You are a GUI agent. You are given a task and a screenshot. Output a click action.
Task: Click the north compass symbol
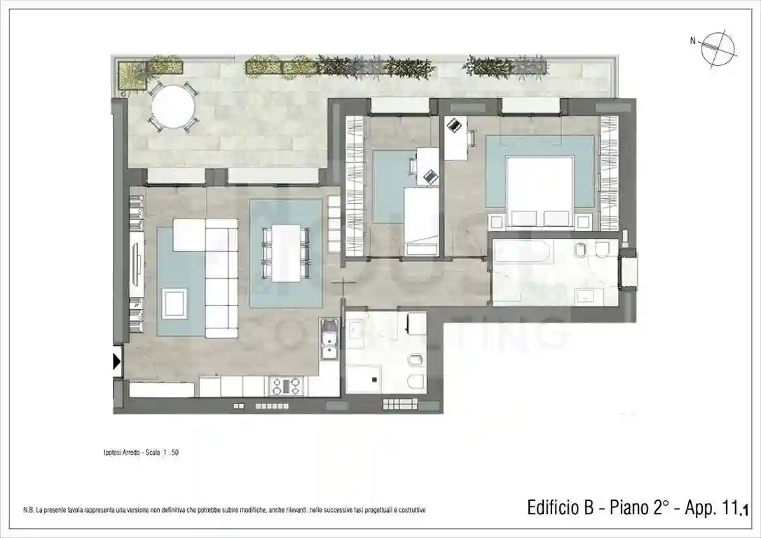[x=720, y=47]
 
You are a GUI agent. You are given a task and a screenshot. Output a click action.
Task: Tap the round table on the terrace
[x=171, y=105]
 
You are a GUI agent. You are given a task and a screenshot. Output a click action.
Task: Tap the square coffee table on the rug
[x=174, y=303]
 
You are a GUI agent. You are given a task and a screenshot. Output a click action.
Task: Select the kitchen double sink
[x=329, y=343]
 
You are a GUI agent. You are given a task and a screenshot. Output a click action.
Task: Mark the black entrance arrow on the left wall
[x=117, y=362]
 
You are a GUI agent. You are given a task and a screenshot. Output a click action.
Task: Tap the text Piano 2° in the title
[x=640, y=508]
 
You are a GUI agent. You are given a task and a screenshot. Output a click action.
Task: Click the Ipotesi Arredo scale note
[x=141, y=453]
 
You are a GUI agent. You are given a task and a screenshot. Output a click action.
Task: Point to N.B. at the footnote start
[x=28, y=510]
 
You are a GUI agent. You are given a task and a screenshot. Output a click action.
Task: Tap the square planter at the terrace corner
[x=131, y=75]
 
